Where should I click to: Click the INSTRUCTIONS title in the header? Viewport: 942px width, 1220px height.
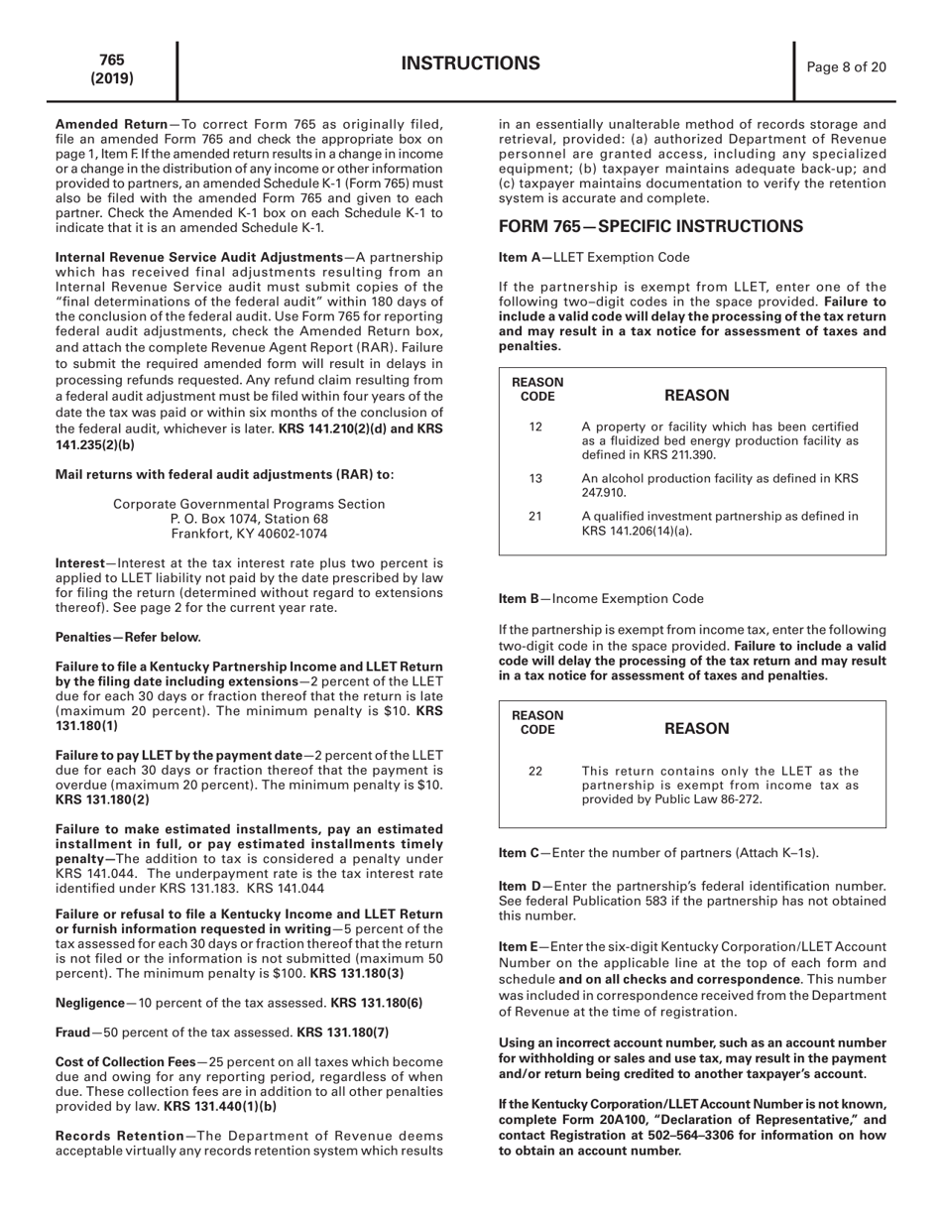pos(470,64)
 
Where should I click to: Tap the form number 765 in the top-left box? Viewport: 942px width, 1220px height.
pos(112,61)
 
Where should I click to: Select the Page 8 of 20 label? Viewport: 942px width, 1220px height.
pos(846,67)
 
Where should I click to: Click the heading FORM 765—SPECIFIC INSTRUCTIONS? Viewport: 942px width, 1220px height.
pos(650,226)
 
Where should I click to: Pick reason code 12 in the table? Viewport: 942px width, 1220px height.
pos(535,427)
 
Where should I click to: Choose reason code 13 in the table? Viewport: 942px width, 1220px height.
pos(535,479)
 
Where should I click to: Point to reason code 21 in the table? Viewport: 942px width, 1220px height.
pos(535,516)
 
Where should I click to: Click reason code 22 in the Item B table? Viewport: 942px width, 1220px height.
pos(535,772)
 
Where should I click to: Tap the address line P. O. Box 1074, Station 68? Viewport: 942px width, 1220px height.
pos(249,519)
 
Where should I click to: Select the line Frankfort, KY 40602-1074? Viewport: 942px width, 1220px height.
pos(249,534)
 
